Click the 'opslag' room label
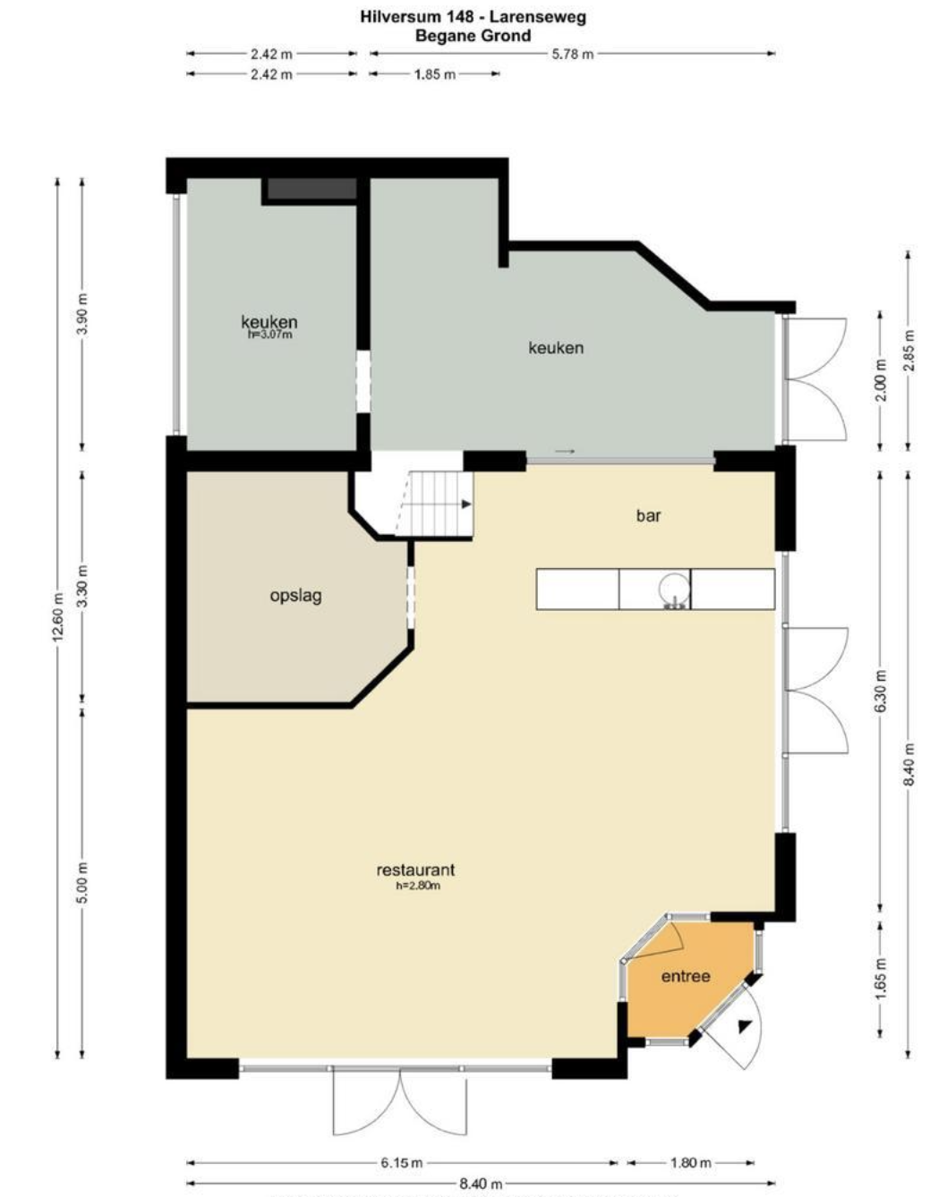pos(295,597)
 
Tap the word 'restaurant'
pos(415,870)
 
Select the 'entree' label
pos(686,976)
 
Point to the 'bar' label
pos(649,515)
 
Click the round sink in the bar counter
pos(674,589)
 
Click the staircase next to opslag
pos(434,504)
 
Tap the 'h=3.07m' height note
pos(269,335)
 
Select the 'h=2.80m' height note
pos(418,886)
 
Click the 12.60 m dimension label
pos(58,617)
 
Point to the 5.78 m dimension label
pos(572,54)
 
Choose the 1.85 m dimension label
pos(435,74)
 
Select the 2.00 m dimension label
pos(880,380)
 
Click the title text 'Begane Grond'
pos(473,36)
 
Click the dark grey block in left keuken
pos(311,189)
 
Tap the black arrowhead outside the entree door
pos(745,1026)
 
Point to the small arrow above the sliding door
pos(565,451)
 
